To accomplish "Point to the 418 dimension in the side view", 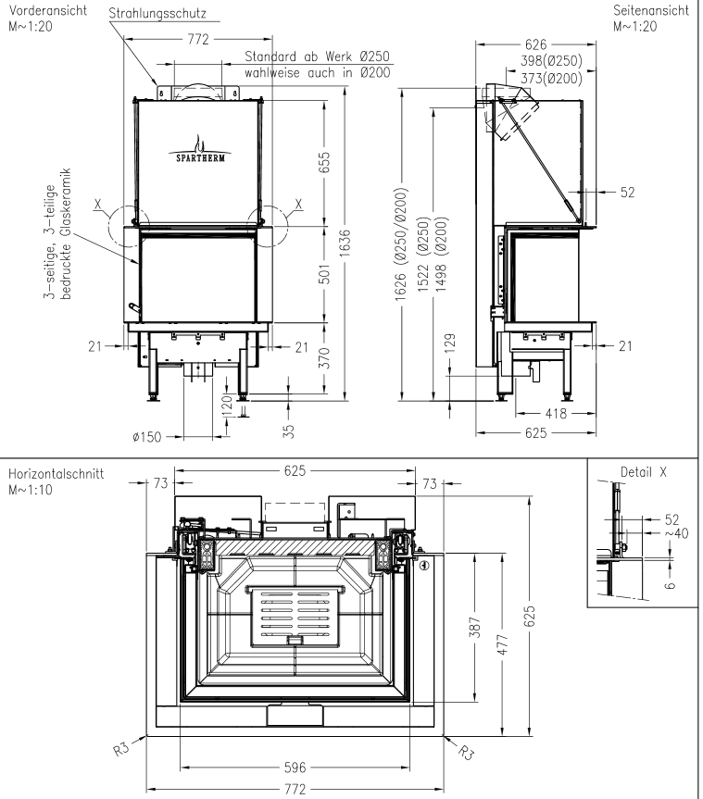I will [555, 414].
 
